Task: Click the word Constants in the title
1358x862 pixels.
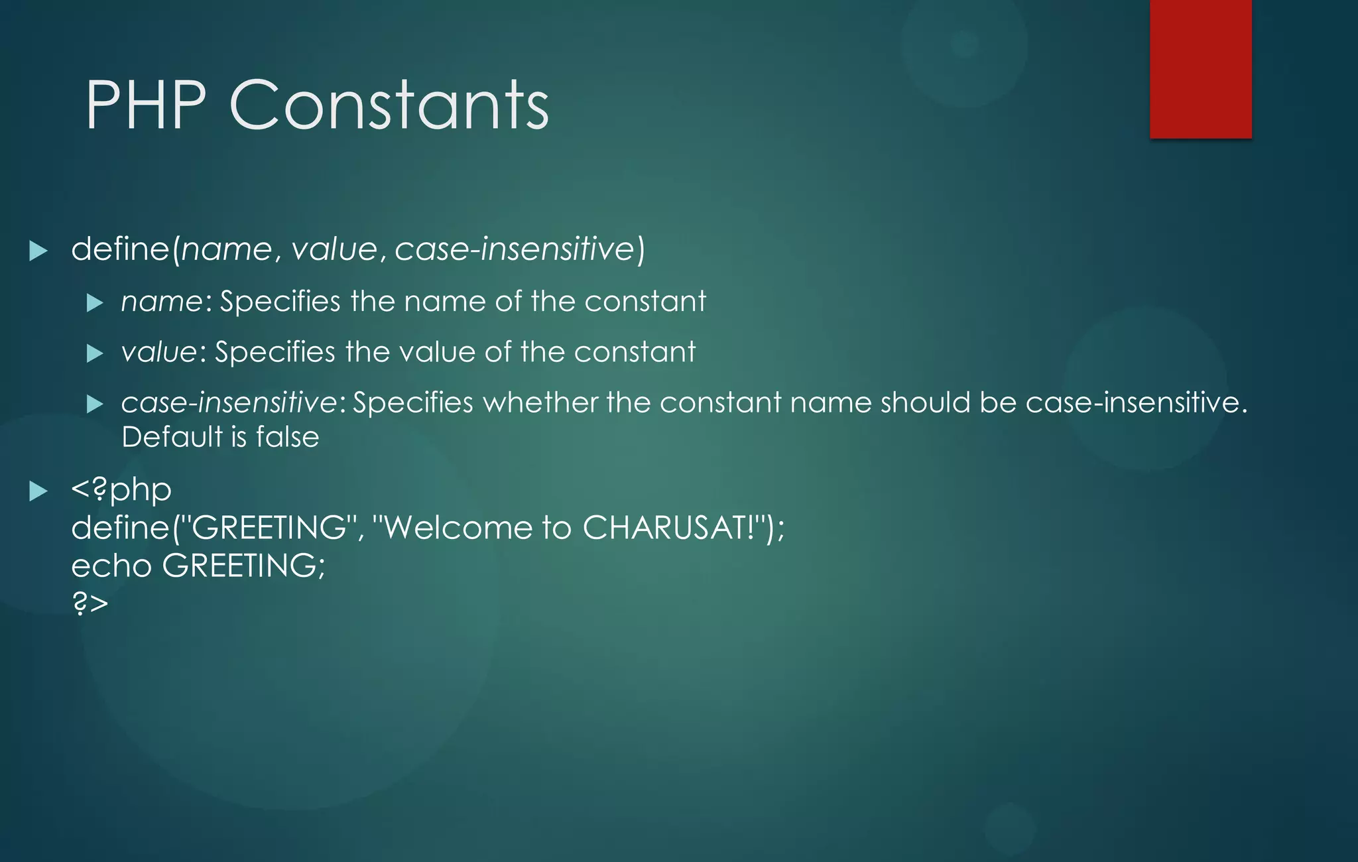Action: click(389, 105)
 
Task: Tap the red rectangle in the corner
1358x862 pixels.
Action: click(1201, 69)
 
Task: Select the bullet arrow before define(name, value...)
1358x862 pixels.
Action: click(38, 251)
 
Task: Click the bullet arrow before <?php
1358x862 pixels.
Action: click(38, 491)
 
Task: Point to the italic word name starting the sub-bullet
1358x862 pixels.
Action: click(161, 302)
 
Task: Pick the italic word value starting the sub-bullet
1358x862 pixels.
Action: click(158, 353)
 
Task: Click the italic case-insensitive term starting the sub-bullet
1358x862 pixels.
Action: click(229, 403)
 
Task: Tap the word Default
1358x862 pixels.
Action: click(172, 438)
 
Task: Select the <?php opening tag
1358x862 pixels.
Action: click(121, 491)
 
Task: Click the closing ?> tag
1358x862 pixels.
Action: click(90, 604)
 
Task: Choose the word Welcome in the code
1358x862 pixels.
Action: click(458, 528)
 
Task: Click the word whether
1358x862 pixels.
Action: click(539, 403)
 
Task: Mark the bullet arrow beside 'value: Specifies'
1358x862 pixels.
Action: click(95, 353)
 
